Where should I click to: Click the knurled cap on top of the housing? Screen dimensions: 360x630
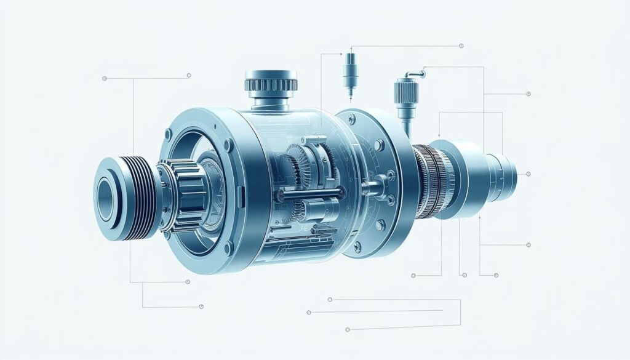click(271, 81)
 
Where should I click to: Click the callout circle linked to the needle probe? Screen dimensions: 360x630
click(461, 46)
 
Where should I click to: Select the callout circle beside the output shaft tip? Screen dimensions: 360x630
click(528, 174)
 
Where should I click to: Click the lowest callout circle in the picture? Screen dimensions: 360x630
click(348, 329)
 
